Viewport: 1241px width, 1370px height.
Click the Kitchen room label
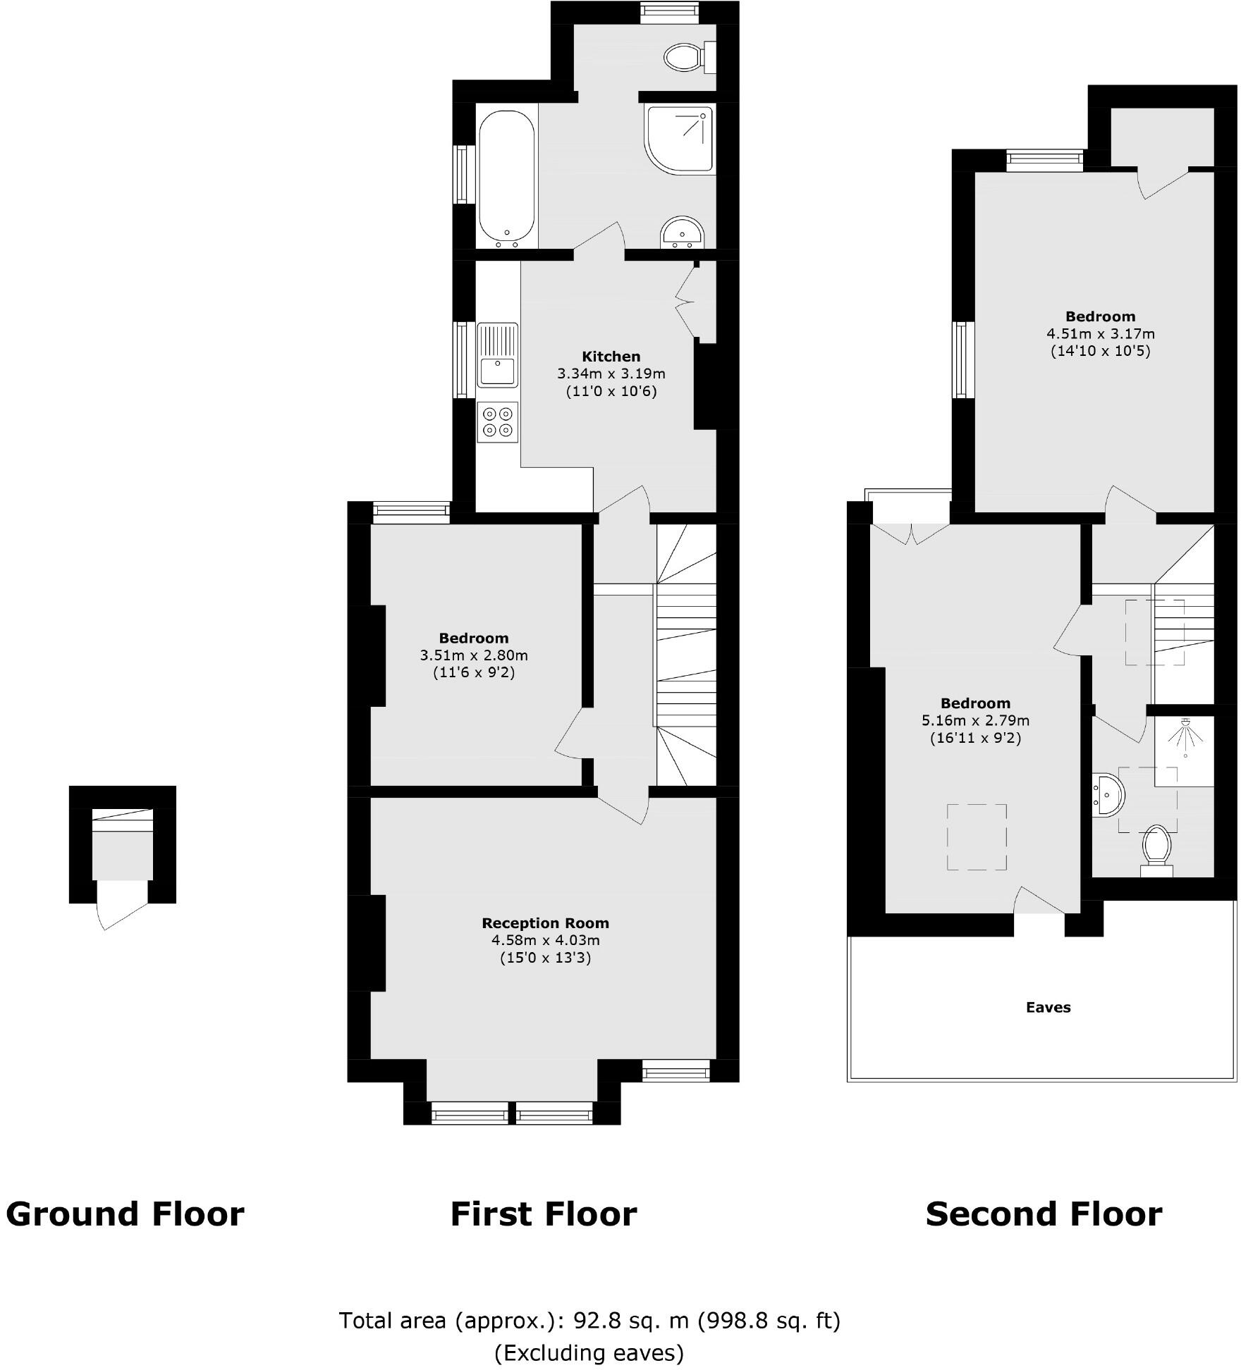pos(611,357)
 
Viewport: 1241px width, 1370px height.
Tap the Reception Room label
pos(545,923)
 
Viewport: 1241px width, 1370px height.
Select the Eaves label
pos(1048,1008)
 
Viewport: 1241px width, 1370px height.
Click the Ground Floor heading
pos(125,1214)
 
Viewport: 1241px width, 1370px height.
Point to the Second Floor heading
pos(1044,1214)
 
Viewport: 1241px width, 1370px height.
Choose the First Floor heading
pos(544,1214)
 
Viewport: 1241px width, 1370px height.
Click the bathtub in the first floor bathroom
pos(506,176)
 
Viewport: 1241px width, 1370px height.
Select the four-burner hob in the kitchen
pos(497,422)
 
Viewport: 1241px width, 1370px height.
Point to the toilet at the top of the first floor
pos(686,57)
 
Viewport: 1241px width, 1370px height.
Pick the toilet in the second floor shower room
pos(1156,850)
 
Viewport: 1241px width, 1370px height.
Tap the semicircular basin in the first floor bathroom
pos(682,233)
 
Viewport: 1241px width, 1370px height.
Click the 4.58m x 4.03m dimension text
pos(545,941)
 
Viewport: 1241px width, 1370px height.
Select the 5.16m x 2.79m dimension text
pos(975,721)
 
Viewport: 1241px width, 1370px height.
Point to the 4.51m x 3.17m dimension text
pos(1100,333)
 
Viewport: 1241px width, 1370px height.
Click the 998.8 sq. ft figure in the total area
pos(769,1321)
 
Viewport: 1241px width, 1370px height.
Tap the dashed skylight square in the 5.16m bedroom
pos(976,837)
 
